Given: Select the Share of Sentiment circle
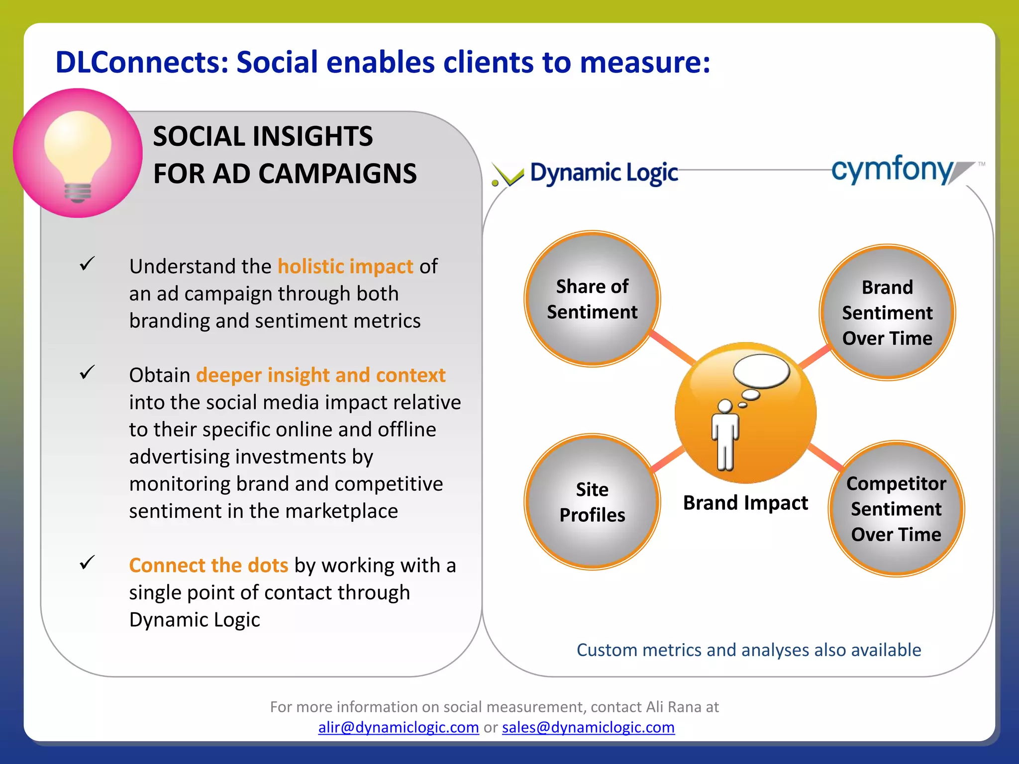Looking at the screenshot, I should (x=592, y=299).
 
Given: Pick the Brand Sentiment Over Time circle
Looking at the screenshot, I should (x=887, y=312).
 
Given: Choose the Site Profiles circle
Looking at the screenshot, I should (x=592, y=502).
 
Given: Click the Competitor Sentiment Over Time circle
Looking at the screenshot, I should (x=896, y=508).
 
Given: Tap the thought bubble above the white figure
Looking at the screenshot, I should (x=762, y=371).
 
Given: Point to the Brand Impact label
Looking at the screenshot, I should (x=745, y=503).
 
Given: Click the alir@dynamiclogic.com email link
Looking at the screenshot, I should (x=399, y=727).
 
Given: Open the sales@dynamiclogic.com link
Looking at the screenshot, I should (x=588, y=727).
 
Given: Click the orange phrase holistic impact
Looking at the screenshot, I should (x=345, y=267).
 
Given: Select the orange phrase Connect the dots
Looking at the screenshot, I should (x=208, y=566).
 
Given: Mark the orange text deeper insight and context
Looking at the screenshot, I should (x=321, y=375).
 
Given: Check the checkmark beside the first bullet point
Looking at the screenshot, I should (x=87, y=264).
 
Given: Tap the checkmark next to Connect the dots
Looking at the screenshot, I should (x=87, y=563).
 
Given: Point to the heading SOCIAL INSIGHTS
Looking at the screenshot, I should (x=263, y=136).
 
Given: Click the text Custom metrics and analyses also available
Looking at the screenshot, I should (x=748, y=650).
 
